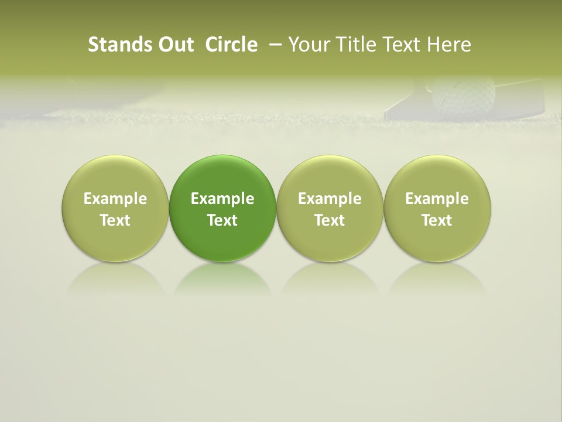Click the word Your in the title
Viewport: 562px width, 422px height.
coord(308,45)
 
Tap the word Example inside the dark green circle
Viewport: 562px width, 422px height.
coord(222,199)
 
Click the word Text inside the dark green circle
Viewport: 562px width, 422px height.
coord(222,220)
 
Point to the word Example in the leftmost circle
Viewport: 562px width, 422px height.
coord(115,199)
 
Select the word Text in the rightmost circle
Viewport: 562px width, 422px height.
coord(437,220)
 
